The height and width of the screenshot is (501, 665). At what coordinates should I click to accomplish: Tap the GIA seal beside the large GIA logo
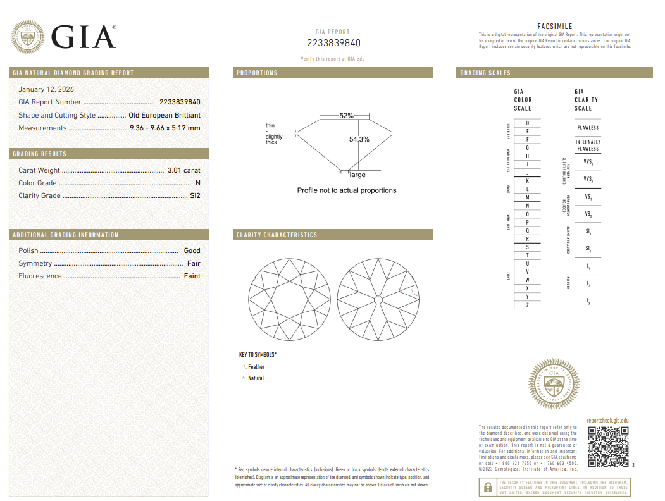[x=28, y=37]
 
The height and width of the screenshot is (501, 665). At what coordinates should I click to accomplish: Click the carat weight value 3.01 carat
[x=183, y=170]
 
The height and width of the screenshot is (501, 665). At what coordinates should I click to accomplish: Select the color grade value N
[x=197, y=183]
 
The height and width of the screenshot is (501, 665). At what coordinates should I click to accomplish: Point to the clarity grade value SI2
[x=195, y=195]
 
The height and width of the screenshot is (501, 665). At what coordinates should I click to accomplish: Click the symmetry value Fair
[x=193, y=263]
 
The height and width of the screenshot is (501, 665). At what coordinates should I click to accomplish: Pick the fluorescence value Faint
[x=192, y=276]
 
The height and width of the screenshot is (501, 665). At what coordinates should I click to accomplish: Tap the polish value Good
[x=192, y=250]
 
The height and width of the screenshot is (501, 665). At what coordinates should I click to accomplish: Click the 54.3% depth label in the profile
[x=359, y=139]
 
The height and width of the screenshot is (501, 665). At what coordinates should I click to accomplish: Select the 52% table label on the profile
[x=346, y=116]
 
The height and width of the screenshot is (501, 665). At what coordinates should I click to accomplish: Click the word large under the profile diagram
[x=357, y=175]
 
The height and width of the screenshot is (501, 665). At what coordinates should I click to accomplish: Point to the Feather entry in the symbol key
[x=256, y=367]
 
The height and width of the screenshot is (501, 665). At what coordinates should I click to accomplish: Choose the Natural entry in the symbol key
[x=256, y=378]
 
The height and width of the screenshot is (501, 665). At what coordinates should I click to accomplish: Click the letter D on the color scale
[x=527, y=123]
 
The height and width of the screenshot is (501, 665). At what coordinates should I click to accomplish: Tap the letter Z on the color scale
[x=527, y=305]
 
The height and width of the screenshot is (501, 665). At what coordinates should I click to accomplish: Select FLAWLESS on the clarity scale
[x=588, y=128]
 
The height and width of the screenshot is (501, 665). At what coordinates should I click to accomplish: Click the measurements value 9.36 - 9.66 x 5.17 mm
[x=165, y=128]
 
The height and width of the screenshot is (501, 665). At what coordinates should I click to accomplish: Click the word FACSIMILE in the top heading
[x=554, y=27]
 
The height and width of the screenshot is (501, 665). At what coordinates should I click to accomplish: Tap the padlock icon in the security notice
[x=488, y=487]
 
